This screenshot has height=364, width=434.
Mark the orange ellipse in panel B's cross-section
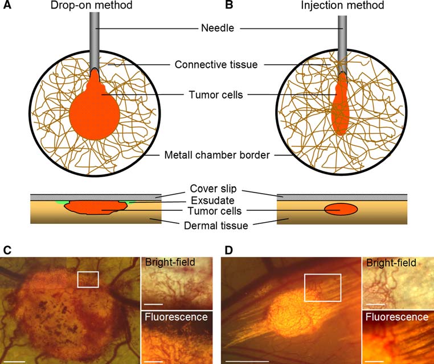coord(341,210)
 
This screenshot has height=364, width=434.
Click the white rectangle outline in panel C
coord(88,279)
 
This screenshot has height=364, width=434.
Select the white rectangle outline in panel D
coord(322,287)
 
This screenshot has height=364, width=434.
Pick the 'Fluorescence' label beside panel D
coord(398,317)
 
